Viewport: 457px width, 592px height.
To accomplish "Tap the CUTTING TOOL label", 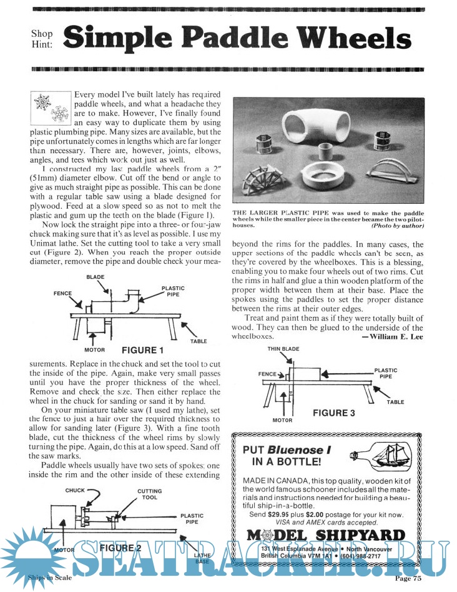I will tap(150, 495).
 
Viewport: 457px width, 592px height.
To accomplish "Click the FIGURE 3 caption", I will tap(334, 413).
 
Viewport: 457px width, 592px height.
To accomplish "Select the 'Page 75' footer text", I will tap(408, 578).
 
